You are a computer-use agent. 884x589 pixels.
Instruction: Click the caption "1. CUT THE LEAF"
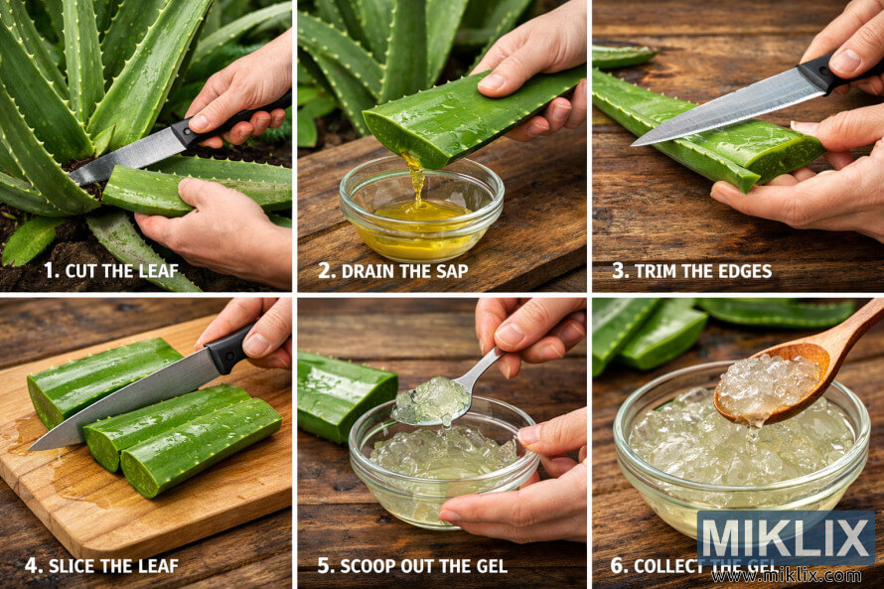tap(109, 270)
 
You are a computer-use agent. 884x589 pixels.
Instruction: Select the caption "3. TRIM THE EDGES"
tap(691, 270)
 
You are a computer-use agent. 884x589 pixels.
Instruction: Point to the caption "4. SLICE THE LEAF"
tap(101, 566)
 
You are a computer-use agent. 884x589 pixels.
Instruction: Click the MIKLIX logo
tap(786, 539)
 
